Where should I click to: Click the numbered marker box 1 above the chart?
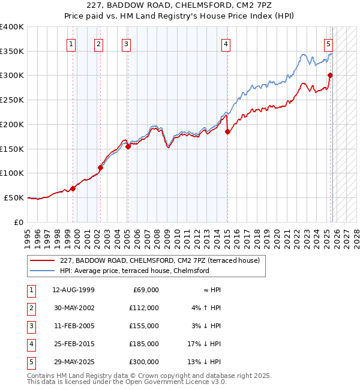click(71, 43)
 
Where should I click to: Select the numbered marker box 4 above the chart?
click(226, 43)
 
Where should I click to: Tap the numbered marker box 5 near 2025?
click(328, 43)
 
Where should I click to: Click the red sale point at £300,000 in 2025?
click(330, 75)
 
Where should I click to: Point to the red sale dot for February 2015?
click(227, 131)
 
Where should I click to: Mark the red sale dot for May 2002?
click(100, 167)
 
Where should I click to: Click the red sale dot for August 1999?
click(73, 188)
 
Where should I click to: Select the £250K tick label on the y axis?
click(12, 100)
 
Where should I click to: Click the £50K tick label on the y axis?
click(14, 197)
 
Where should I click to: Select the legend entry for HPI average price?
click(134, 271)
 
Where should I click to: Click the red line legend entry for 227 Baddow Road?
click(159, 260)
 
